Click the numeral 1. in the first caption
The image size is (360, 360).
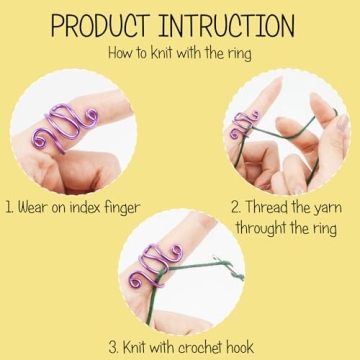click(x=11, y=208)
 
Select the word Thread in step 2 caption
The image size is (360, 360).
click(x=268, y=208)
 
